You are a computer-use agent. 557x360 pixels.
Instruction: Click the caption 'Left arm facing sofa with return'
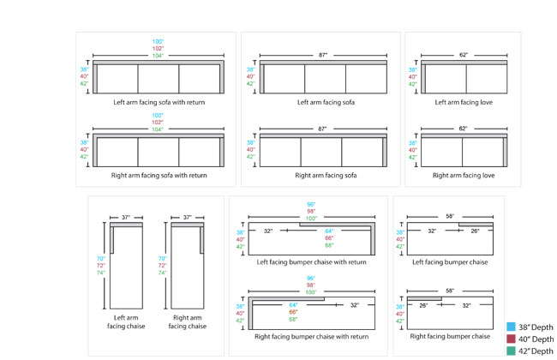tap(158, 102)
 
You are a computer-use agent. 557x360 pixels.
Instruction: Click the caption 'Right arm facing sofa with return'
tap(158, 175)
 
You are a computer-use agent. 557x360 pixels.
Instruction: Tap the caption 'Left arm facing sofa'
tap(326, 102)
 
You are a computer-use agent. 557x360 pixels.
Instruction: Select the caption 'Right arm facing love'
tap(463, 175)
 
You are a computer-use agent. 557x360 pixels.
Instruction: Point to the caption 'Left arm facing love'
tap(463, 102)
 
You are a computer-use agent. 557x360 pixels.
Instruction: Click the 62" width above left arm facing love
tap(463, 55)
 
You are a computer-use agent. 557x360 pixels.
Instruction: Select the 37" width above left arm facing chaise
tap(125, 218)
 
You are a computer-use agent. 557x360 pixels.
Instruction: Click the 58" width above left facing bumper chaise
tap(448, 218)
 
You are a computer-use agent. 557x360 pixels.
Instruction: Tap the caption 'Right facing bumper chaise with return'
tap(311, 337)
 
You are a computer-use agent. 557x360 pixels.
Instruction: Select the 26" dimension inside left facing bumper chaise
tap(474, 231)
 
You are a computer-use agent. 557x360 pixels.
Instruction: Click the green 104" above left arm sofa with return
tap(158, 55)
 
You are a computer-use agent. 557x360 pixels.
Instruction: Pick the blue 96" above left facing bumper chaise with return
tap(311, 204)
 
